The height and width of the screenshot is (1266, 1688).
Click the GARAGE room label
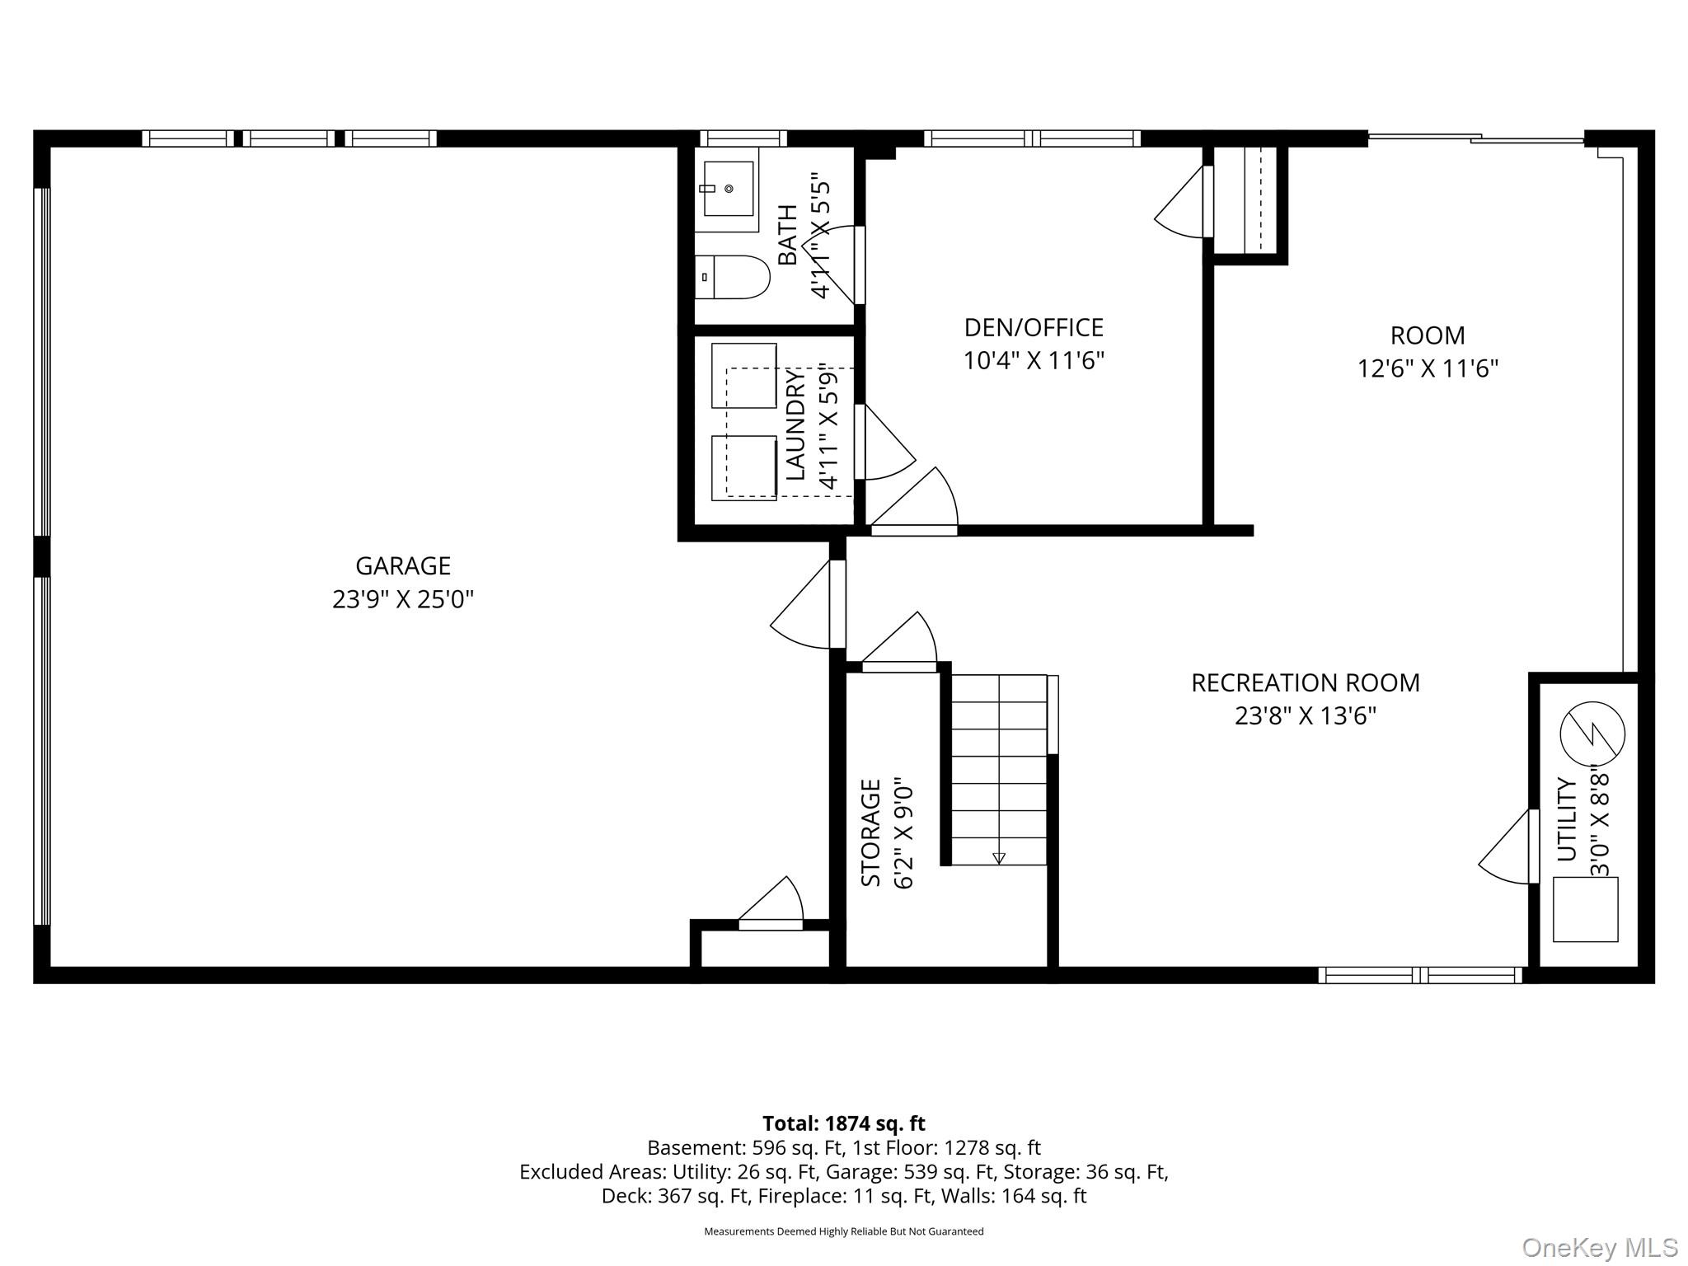(x=402, y=565)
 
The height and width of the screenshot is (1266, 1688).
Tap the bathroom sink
(x=728, y=189)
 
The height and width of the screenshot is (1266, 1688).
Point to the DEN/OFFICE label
(x=1034, y=327)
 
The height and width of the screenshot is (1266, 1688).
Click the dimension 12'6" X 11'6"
(x=1428, y=368)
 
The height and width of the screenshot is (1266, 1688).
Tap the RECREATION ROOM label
(x=1306, y=682)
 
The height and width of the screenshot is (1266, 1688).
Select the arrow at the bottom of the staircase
(x=999, y=858)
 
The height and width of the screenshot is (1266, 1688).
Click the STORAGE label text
(x=871, y=832)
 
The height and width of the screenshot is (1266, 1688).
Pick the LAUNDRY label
(x=795, y=425)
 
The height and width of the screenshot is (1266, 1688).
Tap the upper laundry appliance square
(x=743, y=375)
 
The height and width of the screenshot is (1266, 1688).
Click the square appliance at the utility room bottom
(x=1585, y=909)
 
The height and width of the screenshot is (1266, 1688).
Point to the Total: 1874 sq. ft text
(x=843, y=1123)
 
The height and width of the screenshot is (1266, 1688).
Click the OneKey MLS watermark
(x=1599, y=1247)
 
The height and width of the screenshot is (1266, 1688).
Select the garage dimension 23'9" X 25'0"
(x=402, y=599)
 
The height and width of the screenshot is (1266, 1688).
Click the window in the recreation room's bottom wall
(x=1419, y=975)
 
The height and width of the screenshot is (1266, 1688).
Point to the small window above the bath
(x=743, y=138)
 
